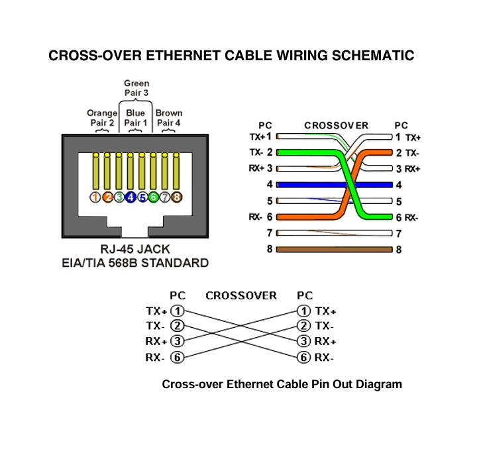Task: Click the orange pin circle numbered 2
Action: coord(107,197)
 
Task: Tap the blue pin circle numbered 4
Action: coord(131,197)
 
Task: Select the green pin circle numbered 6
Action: coord(154,197)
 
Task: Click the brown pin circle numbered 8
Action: coord(177,197)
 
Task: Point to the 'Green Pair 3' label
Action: coord(136,88)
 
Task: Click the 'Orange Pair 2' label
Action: coord(101,118)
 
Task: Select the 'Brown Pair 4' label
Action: coord(169,118)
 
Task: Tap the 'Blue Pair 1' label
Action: coord(135,118)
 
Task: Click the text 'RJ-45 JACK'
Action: coord(135,250)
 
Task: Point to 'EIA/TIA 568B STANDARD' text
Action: coord(135,263)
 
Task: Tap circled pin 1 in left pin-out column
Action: coord(177,311)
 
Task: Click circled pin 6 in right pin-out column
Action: coord(303,358)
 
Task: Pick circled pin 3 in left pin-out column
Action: coord(177,342)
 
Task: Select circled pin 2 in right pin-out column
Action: coord(303,326)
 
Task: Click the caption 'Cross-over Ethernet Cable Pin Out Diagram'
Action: coord(282,384)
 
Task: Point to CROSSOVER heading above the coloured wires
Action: coord(336,125)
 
